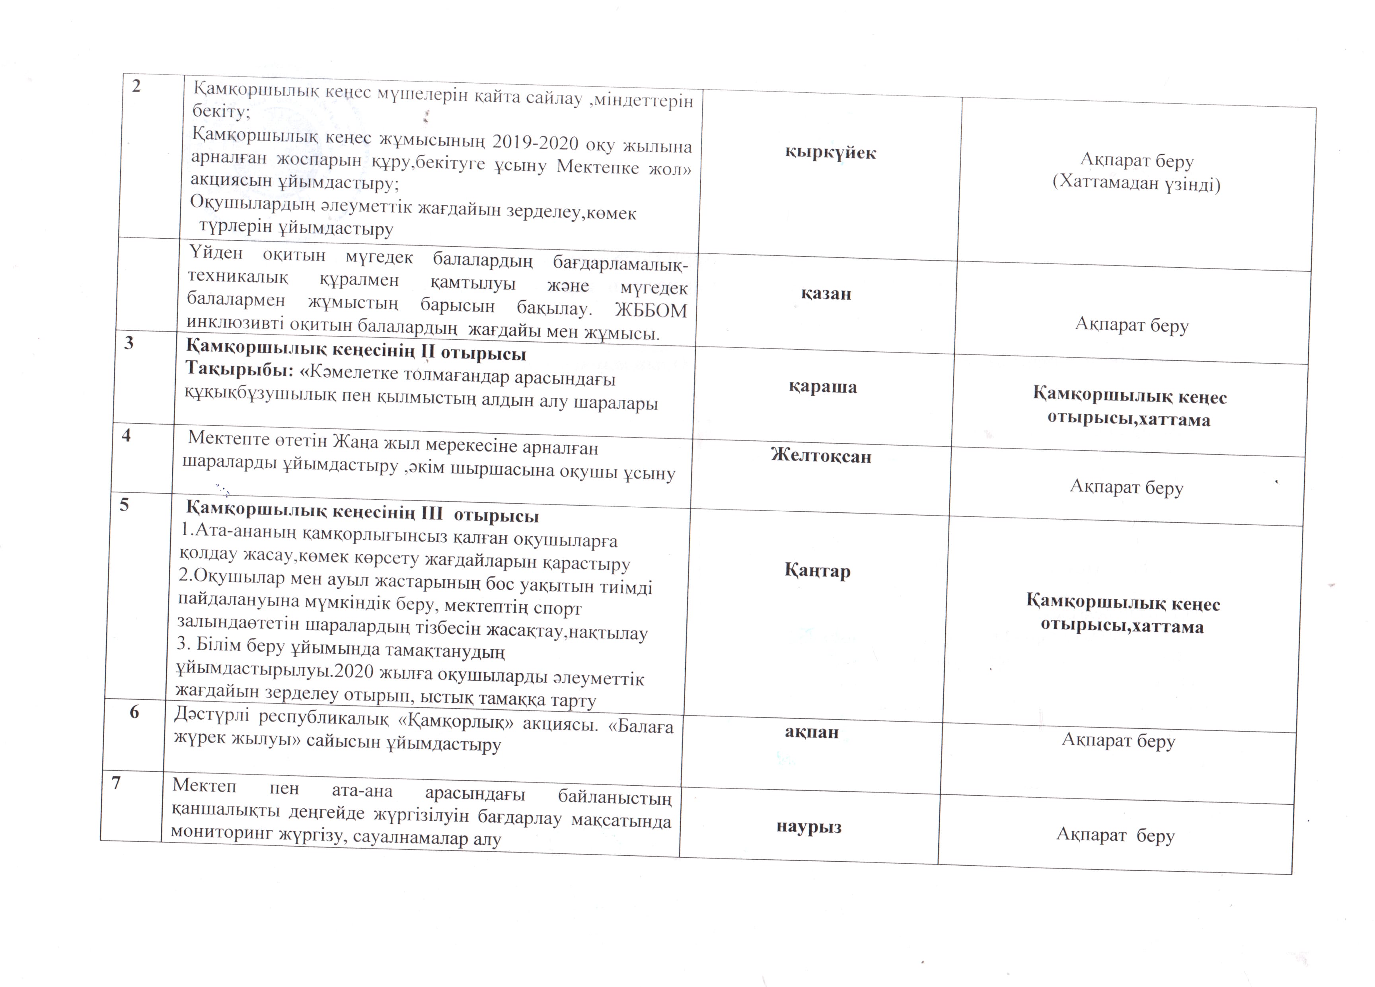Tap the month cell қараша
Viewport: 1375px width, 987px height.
point(823,387)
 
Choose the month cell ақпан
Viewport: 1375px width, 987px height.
point(812,732)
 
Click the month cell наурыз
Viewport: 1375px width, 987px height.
point(809,827)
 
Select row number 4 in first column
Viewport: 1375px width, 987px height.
point(126,435)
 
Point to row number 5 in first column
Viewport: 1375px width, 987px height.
point(124,505)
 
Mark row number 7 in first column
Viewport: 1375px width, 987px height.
point(116,783)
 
